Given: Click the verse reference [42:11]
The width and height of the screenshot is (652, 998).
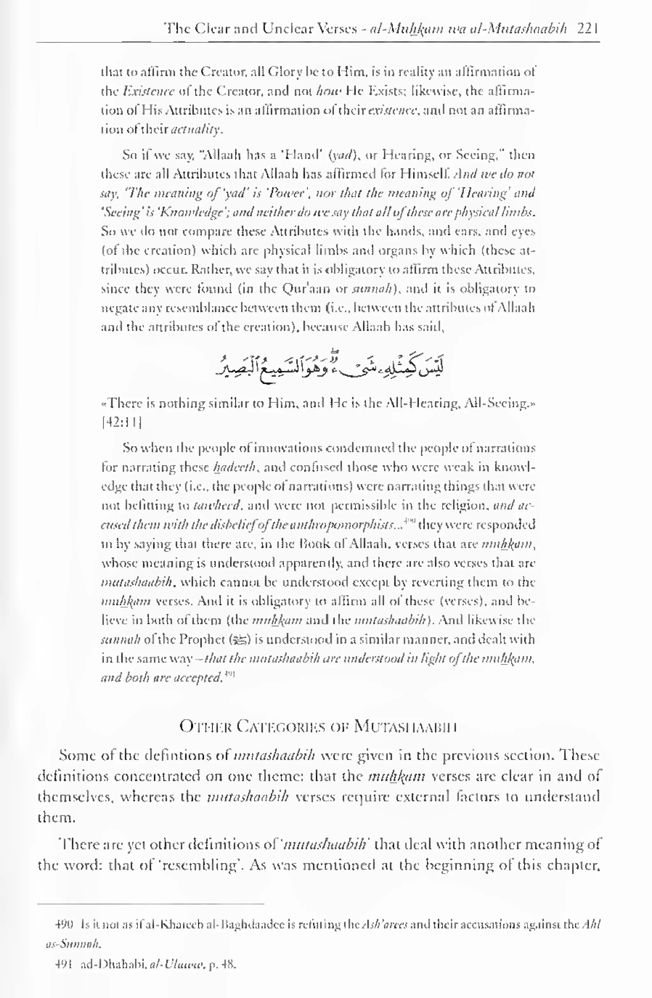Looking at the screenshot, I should coord(121,422).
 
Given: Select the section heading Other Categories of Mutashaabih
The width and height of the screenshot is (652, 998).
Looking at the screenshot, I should coord(318,726).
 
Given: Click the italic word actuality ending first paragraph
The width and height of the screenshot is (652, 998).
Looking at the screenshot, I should coord(196,130).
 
